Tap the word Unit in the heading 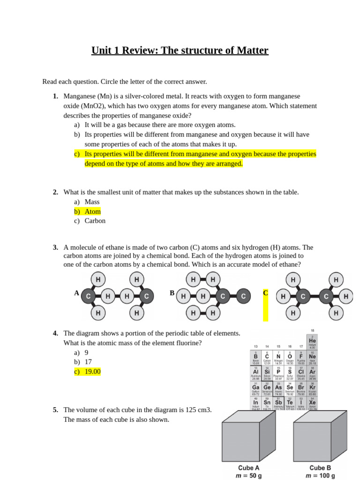[102, 51]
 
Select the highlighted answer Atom [92, 211]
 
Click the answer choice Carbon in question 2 [95, 221]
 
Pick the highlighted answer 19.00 [92, 372]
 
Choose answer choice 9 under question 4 [87, 352]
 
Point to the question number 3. [55, 247]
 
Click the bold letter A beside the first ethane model [76, 293]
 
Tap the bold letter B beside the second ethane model [172, 293]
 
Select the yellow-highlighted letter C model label [265, 293]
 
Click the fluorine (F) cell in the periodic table [301, 358]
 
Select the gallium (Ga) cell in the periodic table [256, 389]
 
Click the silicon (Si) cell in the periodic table [267, 373]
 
